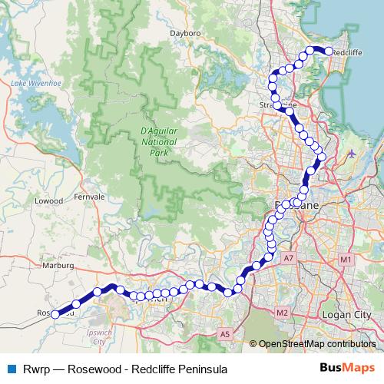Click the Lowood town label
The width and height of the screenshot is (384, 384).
click(48, 200)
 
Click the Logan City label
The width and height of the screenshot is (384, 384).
click(348, 315)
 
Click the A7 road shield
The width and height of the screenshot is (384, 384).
click(288, 260)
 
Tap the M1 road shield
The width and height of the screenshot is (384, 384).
click(346, 260)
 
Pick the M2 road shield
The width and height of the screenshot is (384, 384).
click(282, 313)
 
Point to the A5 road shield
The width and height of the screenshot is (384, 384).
click(224, 334)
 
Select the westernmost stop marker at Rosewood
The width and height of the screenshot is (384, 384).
click(55, 314)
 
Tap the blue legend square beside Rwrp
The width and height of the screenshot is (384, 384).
click(11, 368)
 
